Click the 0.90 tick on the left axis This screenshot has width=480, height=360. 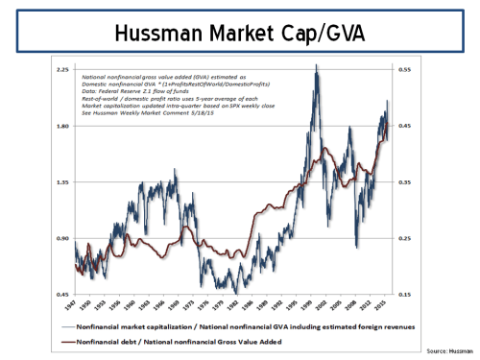point(62,238)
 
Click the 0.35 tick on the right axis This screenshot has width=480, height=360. point(405,182)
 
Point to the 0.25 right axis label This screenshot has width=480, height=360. point(405,238)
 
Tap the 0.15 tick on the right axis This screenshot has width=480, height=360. point(405,294)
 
